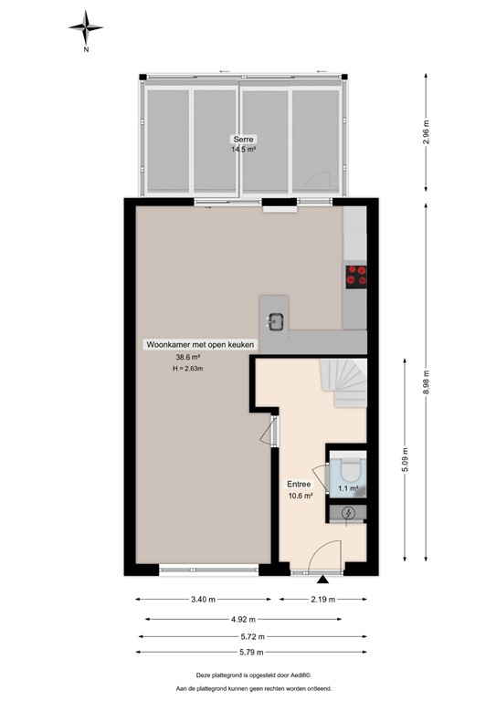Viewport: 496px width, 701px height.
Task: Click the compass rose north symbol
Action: [x=86, y=29]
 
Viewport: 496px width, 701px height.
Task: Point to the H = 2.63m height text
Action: [x=189, y=370]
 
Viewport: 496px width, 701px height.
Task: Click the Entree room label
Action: [x=300, y=484]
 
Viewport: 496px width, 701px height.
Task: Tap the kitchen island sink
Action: [x=275, y=320]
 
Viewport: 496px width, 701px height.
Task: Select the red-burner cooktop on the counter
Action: [x=356, y=276]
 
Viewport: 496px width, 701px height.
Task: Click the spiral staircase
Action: [x=348, y=382]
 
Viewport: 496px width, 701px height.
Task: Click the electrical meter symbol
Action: [x=349, y=514]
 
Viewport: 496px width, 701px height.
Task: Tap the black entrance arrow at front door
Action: [x=322, y=579]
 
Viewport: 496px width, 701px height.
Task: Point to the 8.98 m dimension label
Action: [x=427, y=383]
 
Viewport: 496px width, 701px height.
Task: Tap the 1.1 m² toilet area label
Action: [x=347, y=489]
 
